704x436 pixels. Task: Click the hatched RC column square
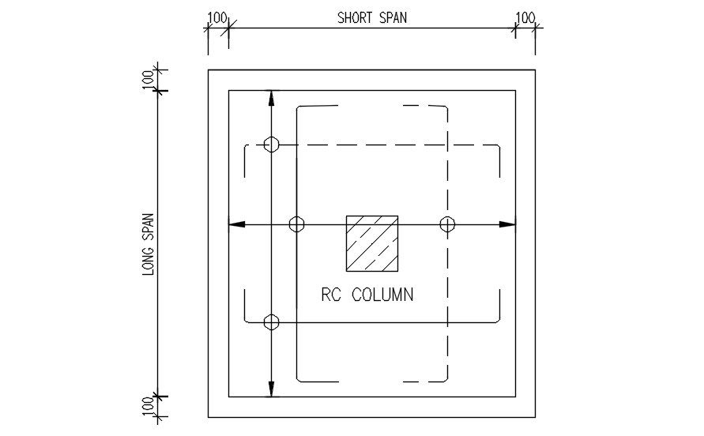click(371, 242)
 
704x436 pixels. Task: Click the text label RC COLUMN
click(367, 295)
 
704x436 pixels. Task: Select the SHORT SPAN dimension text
click(372, 17)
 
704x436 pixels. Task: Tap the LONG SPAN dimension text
click(148, 244)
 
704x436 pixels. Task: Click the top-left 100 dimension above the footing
click(217, 17)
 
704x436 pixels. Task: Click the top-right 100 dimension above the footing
click(525, 17)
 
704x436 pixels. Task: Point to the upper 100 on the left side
click(148, 80)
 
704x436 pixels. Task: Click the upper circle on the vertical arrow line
click(271, 144)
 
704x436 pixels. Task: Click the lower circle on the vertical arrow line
click(271, 322)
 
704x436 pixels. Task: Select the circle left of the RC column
click(296, 224)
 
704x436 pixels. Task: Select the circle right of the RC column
click(448, 224)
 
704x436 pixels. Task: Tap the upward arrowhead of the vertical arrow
click(271, 97)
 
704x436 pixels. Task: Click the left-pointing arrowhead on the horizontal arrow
click(235, 224)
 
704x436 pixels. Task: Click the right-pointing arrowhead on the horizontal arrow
click(508, 224)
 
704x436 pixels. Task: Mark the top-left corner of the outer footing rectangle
click(209, 70)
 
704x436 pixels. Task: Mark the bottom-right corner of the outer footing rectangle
click(535, 417)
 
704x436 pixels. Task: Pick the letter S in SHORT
click(341, 17)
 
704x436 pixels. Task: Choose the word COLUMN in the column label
click(382, 295)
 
